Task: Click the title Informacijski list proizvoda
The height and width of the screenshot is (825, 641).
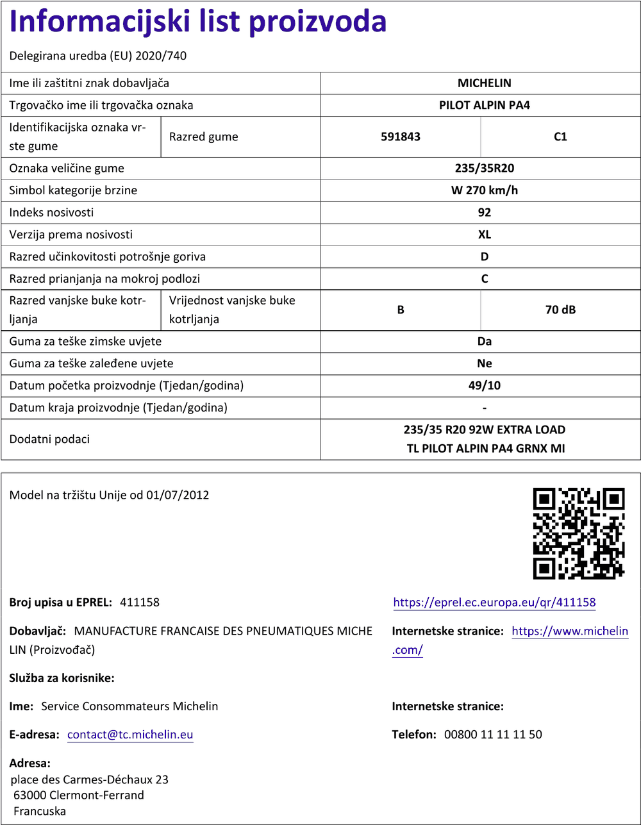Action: click(198, 22)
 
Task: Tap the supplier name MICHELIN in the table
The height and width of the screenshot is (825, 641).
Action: click(484, 83)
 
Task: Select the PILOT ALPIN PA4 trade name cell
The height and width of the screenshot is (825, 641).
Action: click(484, 105)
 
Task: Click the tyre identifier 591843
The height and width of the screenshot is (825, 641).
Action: click(401, 137)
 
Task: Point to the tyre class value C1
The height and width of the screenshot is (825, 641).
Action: click(560, 137)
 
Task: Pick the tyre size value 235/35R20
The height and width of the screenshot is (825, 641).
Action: click(484, 169)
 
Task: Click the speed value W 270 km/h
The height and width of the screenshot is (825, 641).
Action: click(484, 190)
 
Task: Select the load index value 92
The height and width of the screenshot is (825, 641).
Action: click(484, 212)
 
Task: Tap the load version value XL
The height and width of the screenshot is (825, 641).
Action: click(484, 235)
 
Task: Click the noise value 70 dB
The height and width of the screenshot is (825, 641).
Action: click(560, 310)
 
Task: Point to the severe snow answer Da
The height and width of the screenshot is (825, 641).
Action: click(484, 342)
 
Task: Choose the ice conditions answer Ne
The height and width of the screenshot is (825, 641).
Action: click(484, 363)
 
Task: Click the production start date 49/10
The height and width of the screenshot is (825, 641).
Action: click(484, 386)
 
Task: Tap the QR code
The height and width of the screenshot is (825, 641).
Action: click(579, 533)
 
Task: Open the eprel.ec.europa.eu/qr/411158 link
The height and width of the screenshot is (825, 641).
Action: click(494, 603)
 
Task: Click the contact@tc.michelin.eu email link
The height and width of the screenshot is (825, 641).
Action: click(130, 735)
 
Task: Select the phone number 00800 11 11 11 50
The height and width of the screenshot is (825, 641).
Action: click(493, 735)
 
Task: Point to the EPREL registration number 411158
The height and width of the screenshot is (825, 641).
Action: click(140, 603)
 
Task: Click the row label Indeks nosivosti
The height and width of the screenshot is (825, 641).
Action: click(51, 212)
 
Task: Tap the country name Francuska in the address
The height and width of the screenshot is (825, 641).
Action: click(40, 811)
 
